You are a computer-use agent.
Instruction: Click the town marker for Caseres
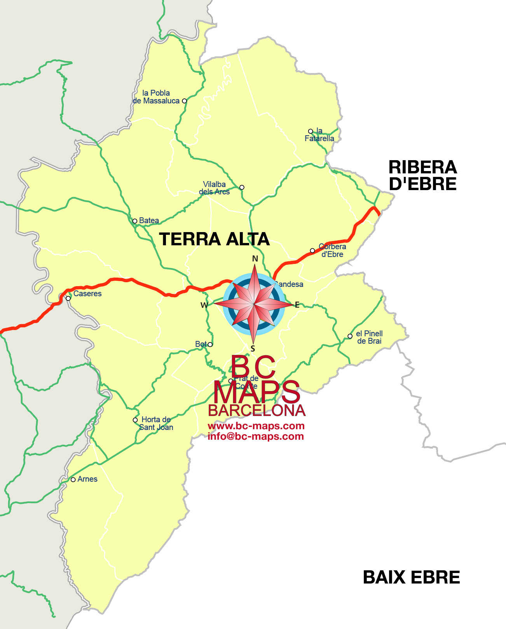click(68, 299)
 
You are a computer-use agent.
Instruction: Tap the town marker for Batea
click(135, 221)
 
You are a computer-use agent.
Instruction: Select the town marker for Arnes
click(73, 480)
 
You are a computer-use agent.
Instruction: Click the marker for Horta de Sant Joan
click(135, 420)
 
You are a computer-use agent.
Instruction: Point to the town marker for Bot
click(210, 344)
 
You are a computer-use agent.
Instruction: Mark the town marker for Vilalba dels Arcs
click(242, 187)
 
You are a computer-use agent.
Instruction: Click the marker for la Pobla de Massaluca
click(185, 101)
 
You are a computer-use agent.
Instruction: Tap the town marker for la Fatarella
click(311, 131)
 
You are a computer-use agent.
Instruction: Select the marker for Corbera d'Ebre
click(312, 251)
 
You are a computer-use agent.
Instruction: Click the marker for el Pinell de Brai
click(350, 336)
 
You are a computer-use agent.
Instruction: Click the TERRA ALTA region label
click(214, 239)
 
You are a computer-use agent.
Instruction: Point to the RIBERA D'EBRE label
click(422, 175)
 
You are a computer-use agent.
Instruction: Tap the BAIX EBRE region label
click(411, 577)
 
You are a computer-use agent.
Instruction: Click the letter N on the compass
click(255, 259)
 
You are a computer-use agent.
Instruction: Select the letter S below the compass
click(253, 349)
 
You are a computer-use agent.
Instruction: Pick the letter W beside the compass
click(204, 305)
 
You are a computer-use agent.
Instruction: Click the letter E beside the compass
click(297, 305)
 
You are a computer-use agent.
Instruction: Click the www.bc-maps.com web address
click(256, 426)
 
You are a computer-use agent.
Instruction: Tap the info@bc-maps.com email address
click(256, 436)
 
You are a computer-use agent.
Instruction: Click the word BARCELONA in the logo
click(256, 411)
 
